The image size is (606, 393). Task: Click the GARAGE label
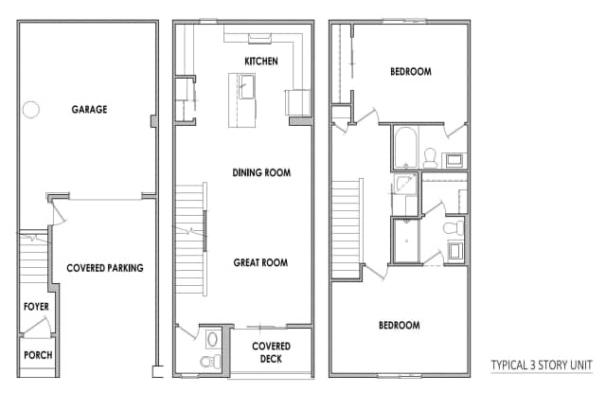pyautogui.click(x=89, y=109)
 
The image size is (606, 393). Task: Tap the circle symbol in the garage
pyautogui.click(x=31, y=109)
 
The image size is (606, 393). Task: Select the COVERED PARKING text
pyautogui.click(x=105, y=268)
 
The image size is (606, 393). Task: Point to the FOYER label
pyautogui.click(x=36, y=307)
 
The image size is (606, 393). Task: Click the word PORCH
pyautogui.click(x=38, y=355)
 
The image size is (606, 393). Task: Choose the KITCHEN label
pyautogui.click(x=261, y=61)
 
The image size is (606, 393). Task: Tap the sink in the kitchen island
pyautogui.click(x=246, y=86)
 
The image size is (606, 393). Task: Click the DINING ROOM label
pyautogui.click(x=261, y=172)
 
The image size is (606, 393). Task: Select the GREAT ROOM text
pyautogui.click(x=260, y=262)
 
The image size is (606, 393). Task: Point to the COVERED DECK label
pyautogui.click(x=271, y=352)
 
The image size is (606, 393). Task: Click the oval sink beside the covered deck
pyautogui.click(x=212, y=340)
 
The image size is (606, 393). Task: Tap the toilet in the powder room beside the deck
pyautogui.click(x=210, y=362)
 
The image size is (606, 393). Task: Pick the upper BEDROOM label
pyautogui.click(x=411, y=71)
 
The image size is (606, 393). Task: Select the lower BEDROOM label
pyautogui.click(x=400, y=325)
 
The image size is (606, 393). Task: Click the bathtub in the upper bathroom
pyautogui.click(x=405, y=147)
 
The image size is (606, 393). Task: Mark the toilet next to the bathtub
pyautogui.click(x=430, y=158)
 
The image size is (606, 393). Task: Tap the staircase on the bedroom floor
pyautogui.click(x=347, y=229)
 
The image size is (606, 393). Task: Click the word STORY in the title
pyautogui.click(x=553, y=365)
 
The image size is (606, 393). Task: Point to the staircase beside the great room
pyautogui.click(x=191, y=240)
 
